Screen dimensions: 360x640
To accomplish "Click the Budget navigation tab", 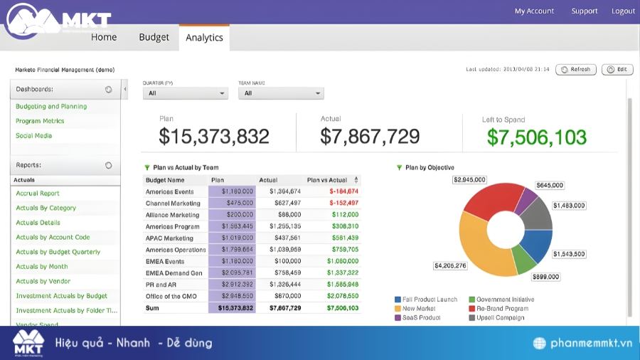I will [154, 37].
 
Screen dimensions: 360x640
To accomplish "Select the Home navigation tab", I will [104, 37].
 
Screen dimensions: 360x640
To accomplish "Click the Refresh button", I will [576, 70].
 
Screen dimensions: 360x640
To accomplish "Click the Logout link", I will [623, 11].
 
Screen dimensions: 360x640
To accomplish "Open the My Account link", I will [534, 11].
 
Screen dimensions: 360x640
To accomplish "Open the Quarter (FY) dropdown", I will [185, 93].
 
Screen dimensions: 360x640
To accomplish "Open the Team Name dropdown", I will [281, 93].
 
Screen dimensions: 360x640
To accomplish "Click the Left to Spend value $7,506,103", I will [537, 137].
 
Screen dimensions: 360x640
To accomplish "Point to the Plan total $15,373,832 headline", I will [214, 136].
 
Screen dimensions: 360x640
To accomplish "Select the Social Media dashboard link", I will [33, 136].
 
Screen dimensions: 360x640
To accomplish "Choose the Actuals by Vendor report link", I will [43, 281].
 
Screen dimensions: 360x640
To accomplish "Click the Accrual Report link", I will [38, 194].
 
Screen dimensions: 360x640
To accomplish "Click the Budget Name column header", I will [165, 180].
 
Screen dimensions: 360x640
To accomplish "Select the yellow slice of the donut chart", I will [483, 249].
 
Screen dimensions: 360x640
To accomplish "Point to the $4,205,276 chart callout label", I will [449, 266].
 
